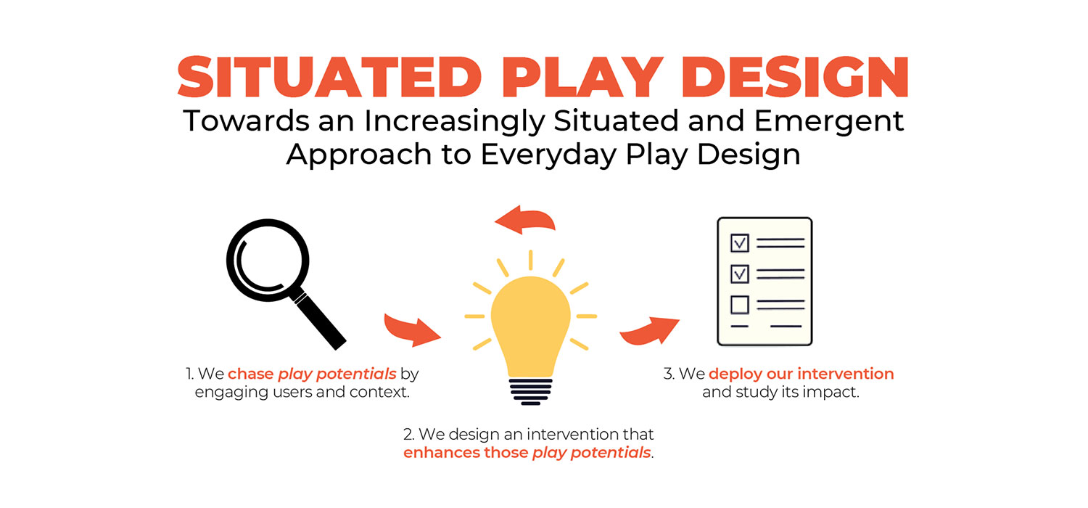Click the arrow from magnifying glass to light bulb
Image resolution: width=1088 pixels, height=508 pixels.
click(411, 328)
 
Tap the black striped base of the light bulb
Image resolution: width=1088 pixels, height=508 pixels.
click(530, 390)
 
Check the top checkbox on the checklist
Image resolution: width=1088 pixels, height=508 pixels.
click(739, 242)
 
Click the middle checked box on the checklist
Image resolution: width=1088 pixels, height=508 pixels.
click(739, 274)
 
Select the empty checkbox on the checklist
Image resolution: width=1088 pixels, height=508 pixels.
click(739, 305)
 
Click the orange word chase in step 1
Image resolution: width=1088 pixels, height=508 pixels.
click(251, 374)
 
